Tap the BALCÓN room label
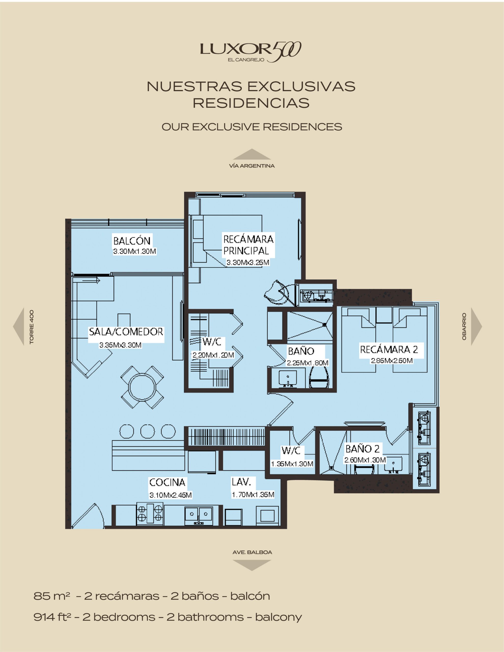[132, 241]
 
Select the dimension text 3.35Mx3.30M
[120, 345]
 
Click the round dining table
[142, 387]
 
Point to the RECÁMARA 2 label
[389, 349]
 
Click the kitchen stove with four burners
[150, 514]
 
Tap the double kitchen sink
[199, 515]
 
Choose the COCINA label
[167, 482]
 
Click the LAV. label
[239, 482]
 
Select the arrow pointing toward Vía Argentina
[252, 154]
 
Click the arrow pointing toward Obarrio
[476, 326]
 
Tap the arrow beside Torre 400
[19, 326]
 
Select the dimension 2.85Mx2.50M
[392, 361]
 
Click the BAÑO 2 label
[362, 449]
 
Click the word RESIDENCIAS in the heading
[251, 103]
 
